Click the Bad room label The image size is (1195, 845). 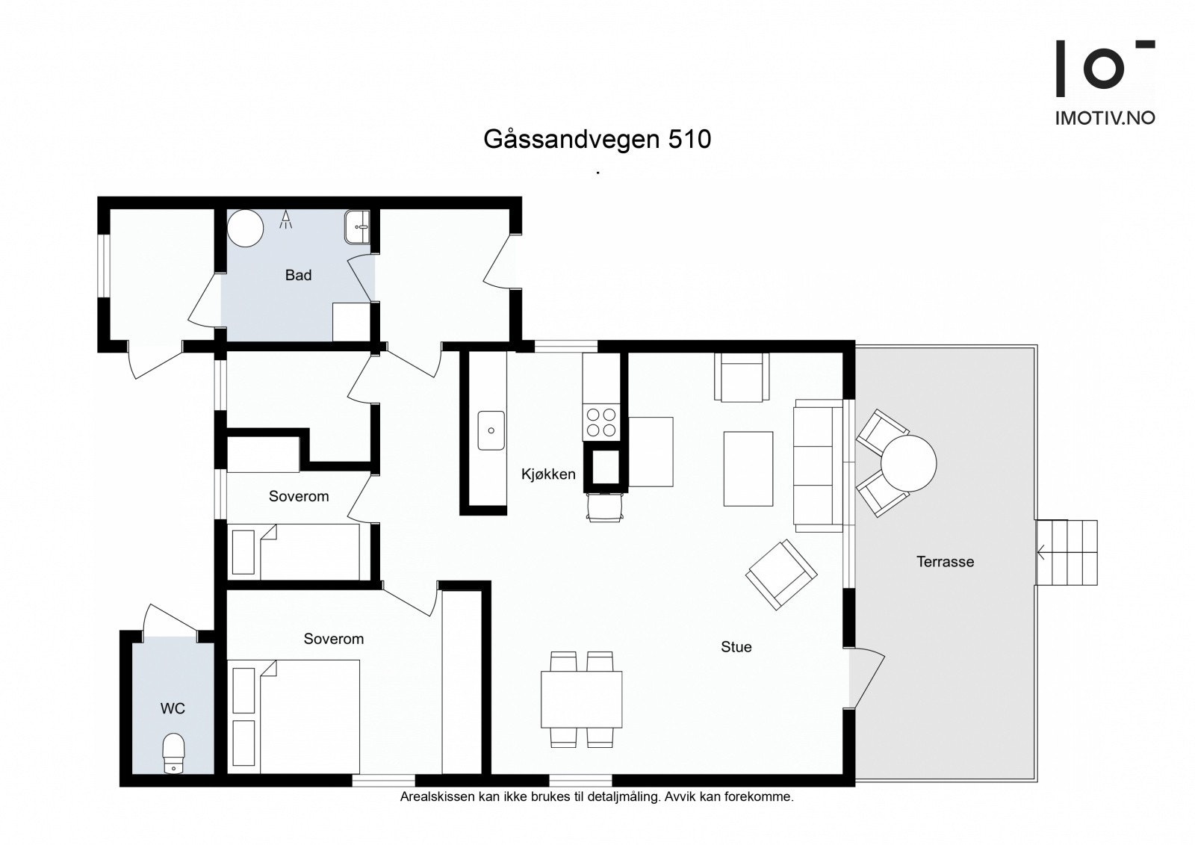[298, 275]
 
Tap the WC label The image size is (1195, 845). [173, 708]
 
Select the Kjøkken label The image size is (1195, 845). [548, 474]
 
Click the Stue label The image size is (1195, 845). [736, 647]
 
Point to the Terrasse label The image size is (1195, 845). [945, 562]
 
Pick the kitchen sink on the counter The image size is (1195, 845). [491, 430]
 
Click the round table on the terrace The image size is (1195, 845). [907, 463]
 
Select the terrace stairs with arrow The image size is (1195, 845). [1067, 553]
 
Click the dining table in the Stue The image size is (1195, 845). [581, 699]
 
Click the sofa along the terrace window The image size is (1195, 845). [818, 465]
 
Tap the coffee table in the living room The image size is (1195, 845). [748, 469]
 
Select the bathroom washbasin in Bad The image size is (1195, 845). [357, 226]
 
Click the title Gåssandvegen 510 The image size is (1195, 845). [597, 139]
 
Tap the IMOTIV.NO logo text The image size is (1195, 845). [1105, 118]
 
